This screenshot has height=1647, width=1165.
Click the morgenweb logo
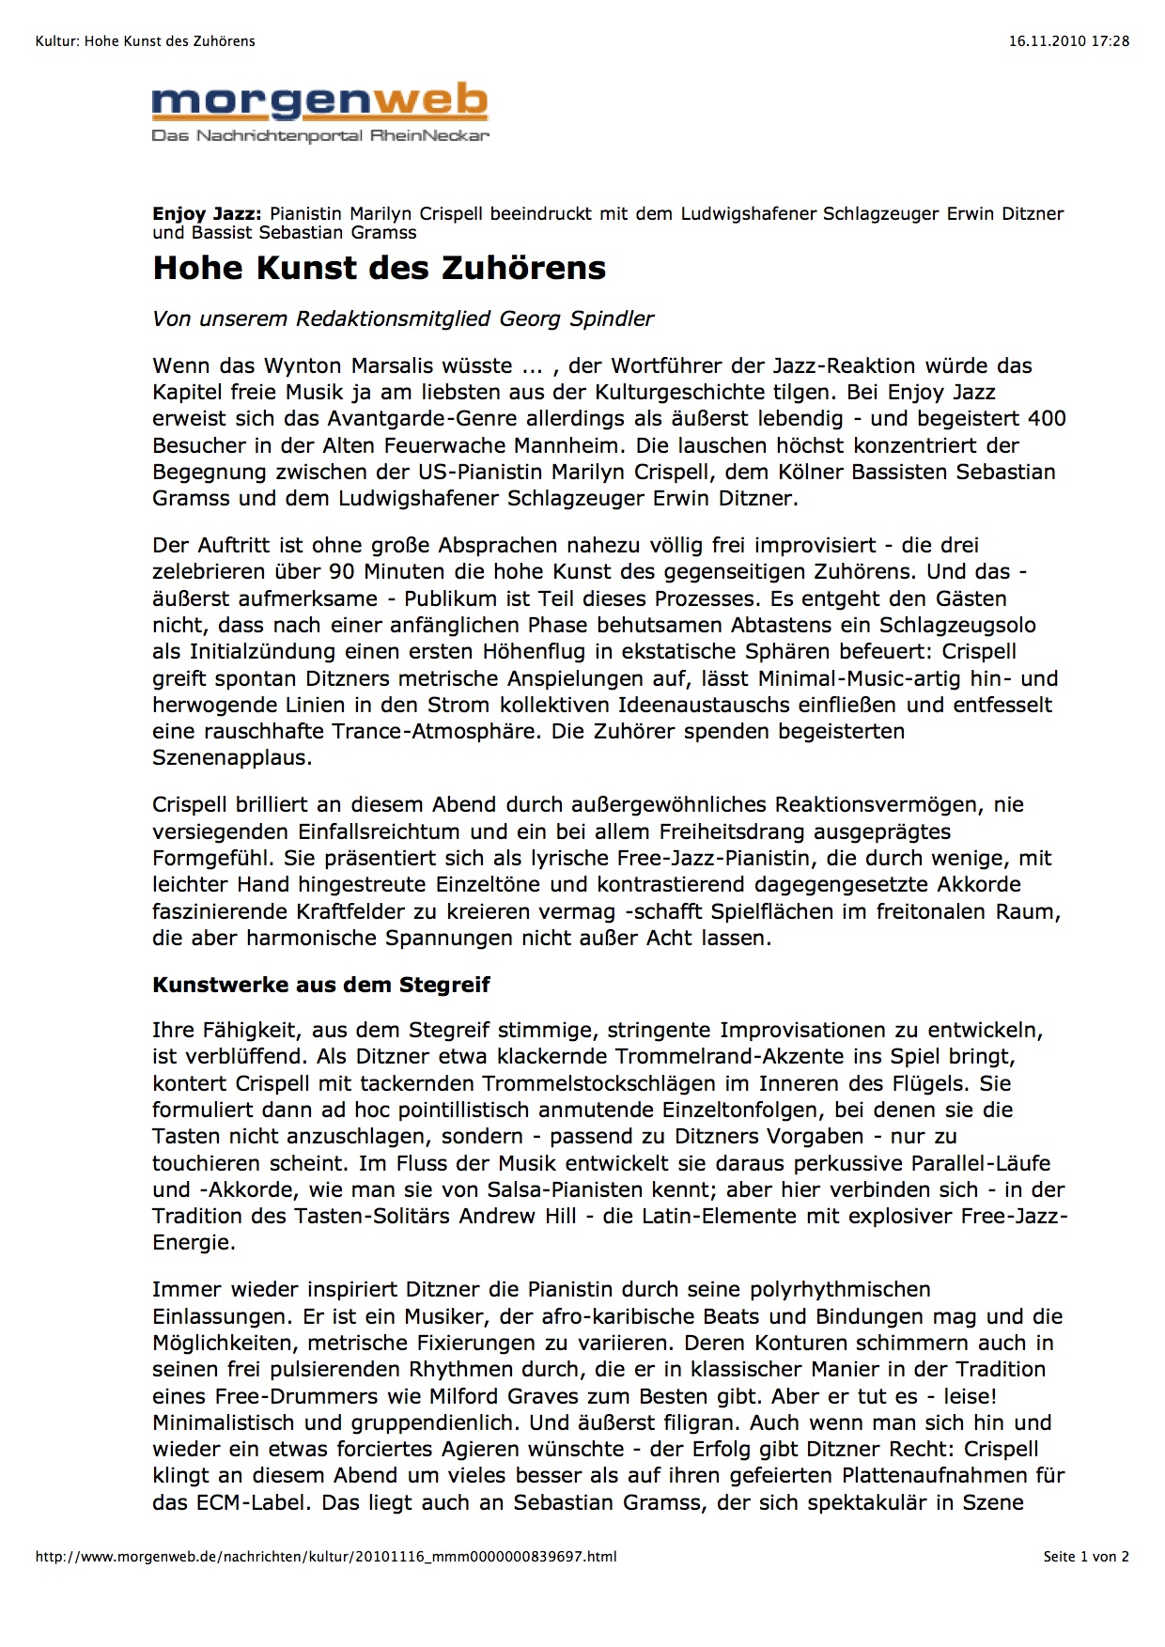pos(319,102)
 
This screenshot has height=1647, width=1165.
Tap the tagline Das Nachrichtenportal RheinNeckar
pos(320,136)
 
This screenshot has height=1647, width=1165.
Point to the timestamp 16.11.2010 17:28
pos(1069,41)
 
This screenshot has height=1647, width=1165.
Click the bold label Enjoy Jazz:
pos(207,214)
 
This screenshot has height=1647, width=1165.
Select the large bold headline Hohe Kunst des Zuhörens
pos(379,268)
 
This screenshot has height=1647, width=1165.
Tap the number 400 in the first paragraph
pos(1047,418)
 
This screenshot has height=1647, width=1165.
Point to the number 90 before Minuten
pos(342,571)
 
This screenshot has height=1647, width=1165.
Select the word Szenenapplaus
pos(232,757)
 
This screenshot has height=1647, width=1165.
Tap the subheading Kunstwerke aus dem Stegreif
pos(321,985)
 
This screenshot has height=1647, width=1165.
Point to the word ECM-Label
pos(252,1502)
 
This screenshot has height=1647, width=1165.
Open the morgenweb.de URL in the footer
pos(326,1557)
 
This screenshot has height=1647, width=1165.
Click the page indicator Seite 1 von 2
pos(1086,1557)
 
